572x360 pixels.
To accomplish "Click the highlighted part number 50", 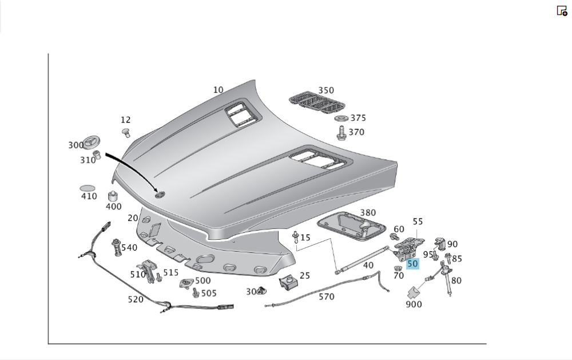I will pos(412,264).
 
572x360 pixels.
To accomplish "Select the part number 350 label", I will pos(326,90).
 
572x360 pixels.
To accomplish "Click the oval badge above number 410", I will pos(88,188).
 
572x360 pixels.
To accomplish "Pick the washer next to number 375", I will pos(341,118).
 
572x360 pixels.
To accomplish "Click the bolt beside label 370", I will pos(341,133).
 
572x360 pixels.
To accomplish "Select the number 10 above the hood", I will pos(218,90).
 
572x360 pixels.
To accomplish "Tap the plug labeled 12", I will pos(126,133).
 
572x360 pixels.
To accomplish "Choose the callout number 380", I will pos(368,212).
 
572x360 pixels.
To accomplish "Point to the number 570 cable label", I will pos(327,296).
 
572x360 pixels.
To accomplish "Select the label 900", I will pos(414,304).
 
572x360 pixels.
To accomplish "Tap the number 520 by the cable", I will pos(136,299).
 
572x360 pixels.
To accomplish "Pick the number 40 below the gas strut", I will pos(368,265).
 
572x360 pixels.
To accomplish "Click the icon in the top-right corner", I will pos(562,10).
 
